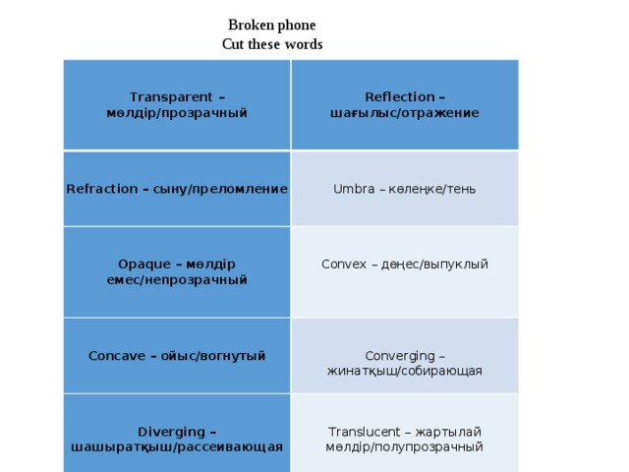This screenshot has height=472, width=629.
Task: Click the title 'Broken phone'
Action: click(x=272, y=25)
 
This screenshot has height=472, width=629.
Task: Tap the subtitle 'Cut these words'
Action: click(x=272, y=44)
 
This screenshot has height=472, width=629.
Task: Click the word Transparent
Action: click(x=171, y=97)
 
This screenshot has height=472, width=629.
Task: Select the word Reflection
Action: click(x=400, y=96)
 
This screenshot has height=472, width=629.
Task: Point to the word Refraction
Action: click(x=102, y=189)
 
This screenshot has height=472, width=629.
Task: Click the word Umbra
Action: click(x=354, y=189)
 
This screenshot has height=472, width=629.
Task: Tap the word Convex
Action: click(x=344, y=265)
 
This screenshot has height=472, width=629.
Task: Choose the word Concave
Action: click(x=117, y=356)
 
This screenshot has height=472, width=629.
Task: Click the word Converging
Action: click(x=400, y=356)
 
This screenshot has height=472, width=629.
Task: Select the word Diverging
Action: click(x=171, y=432)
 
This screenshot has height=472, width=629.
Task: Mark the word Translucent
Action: click(x=365, y=432)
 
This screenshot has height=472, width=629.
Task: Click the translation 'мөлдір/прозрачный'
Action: click(x=177, y=113)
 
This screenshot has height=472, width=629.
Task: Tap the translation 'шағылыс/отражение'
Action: click(x=404, y=113)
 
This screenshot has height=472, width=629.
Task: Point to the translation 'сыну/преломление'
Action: click(x=220, y=189)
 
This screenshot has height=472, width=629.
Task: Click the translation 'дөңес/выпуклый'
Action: click(x=434, y=265)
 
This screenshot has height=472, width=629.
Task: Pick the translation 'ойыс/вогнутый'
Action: click(x=213, y=356)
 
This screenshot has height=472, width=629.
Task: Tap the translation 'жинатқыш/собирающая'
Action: click(x=404, y=371)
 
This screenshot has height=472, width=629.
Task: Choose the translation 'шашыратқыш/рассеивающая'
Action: click(x=177, y=447)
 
